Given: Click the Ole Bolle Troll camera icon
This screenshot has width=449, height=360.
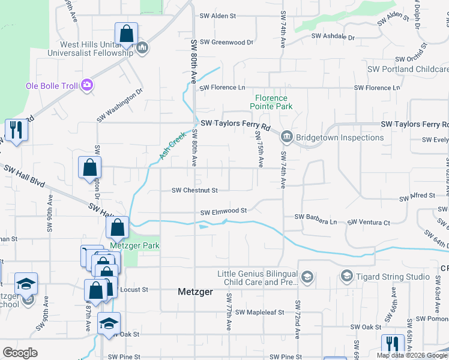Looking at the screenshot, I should click(87, 85).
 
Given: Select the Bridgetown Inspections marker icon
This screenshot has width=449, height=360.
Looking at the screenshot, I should click(286, 137).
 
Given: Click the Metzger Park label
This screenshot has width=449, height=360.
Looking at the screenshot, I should click(126, 245).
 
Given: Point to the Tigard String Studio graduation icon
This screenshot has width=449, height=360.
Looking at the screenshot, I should click(346, 277).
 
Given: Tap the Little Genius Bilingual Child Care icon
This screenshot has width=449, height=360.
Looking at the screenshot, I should click(307, 277).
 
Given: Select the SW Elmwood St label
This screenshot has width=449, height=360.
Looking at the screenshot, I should click(223, 211).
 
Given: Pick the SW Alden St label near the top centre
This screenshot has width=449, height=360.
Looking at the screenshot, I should click(218, 16).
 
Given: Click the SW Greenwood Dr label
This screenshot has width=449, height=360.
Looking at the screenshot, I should click(227, 42).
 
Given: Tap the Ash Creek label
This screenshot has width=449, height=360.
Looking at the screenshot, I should click(170, 146).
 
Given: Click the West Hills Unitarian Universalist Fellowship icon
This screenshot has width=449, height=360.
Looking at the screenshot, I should click(142, 47).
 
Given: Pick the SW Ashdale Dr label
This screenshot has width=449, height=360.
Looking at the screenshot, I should click(333, 37).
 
